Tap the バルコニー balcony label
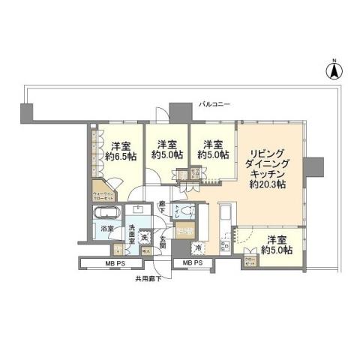click(214, 103)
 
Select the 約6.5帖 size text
click(121, 157)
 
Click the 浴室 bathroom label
click(108, 228)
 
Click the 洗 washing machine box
click(145, 238)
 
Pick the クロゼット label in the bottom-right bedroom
click(248, 260)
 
